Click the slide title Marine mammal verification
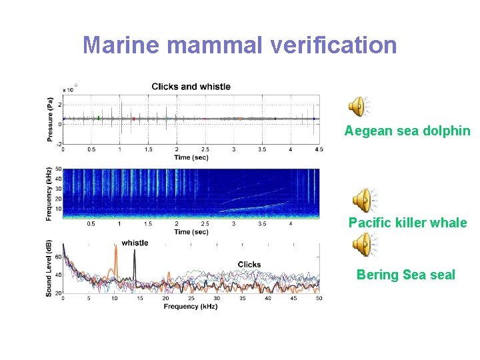tap(239, 45)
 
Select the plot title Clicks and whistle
tap(191, 87)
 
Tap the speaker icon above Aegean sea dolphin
tap(359, 107)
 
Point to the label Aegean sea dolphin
tap(407, 131)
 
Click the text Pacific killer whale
tap(407, 223)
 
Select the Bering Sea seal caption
tap(405, 275)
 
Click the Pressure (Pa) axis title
tap(51, 119)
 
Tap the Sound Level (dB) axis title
tap(50, 268)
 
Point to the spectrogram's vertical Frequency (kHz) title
tap(50, 193)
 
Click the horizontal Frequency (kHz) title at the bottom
tap(191, 307)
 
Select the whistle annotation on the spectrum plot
tap(135, 243)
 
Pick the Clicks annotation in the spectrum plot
tap(249, 265)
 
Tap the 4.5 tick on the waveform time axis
tap(318, 150)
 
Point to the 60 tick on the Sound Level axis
tap(58, 256)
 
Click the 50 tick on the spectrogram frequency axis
tap(58, 169)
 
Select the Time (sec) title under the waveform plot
tap(191, 157)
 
